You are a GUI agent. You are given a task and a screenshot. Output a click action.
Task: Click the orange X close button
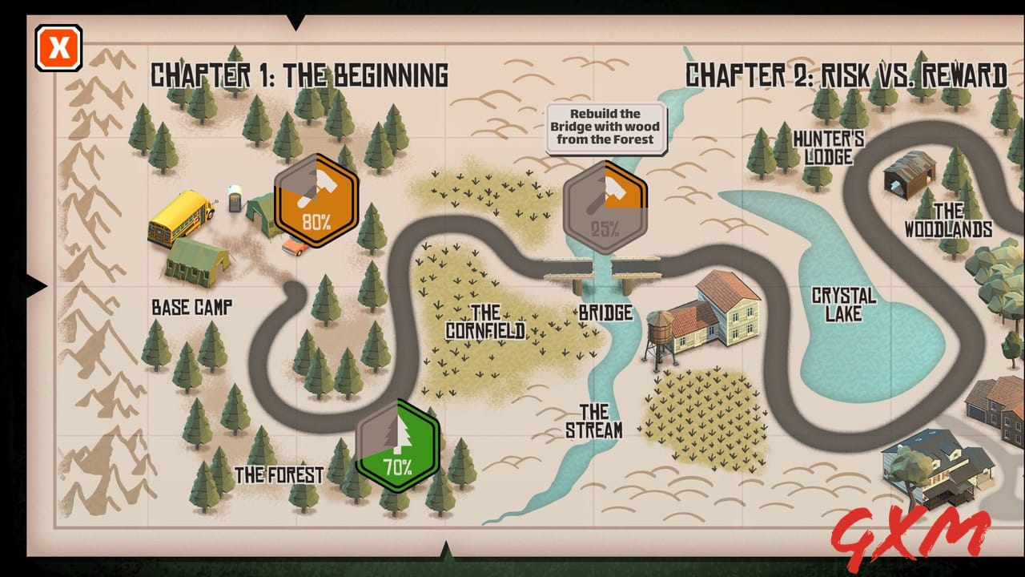tap(58, 48)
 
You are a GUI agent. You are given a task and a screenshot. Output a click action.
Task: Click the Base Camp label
tap(192, 307)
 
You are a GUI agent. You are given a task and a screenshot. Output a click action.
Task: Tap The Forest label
tap(279, 474)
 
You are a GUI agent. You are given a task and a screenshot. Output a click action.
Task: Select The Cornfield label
tap(485, 321)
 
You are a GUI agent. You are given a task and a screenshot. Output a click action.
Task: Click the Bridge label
tap(605, 313)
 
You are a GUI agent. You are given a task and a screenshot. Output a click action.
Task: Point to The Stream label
tap(594, 422)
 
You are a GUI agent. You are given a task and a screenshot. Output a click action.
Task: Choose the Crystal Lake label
tap(843, 305)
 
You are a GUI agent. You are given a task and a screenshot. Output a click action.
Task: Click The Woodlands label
tap(948, 220)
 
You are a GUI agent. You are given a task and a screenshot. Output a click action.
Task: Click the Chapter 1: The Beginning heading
tap(299, 75)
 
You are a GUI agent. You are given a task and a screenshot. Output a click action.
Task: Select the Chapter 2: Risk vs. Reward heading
tap(846, 75)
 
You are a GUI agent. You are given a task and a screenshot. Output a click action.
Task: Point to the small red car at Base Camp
tap(295, 245)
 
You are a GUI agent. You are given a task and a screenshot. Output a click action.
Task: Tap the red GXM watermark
tap(910, 533)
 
